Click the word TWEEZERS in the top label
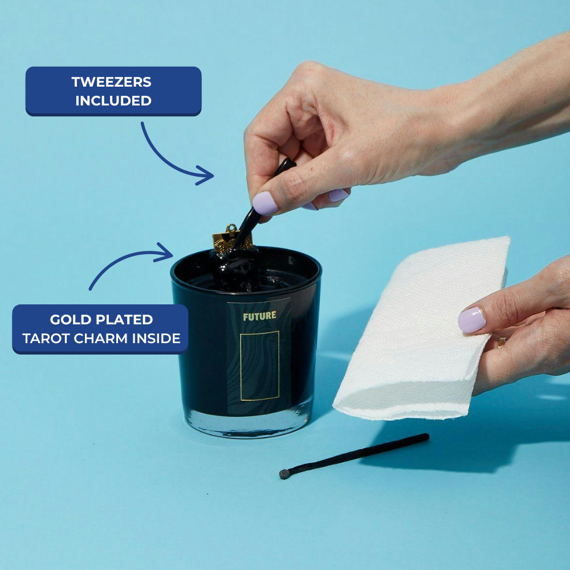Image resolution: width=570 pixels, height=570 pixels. (x=111, y=82)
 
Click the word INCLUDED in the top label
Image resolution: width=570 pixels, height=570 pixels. (x=113, y=101)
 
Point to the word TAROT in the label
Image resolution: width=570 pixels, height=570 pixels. (x=47, y=339)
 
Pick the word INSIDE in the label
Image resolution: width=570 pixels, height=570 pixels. (x=156, y=339)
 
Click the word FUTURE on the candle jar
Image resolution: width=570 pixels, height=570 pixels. (x=259, y=316)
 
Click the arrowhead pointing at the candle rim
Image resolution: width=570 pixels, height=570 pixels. (x=164, y=253)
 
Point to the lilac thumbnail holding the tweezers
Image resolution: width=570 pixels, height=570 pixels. (x=265, y=203)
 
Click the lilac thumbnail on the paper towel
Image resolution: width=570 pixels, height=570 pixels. (x=471, y=320)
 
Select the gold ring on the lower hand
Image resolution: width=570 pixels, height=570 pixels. (x=502, y=341)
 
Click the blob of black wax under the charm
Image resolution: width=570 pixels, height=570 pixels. (x=237, y=269)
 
